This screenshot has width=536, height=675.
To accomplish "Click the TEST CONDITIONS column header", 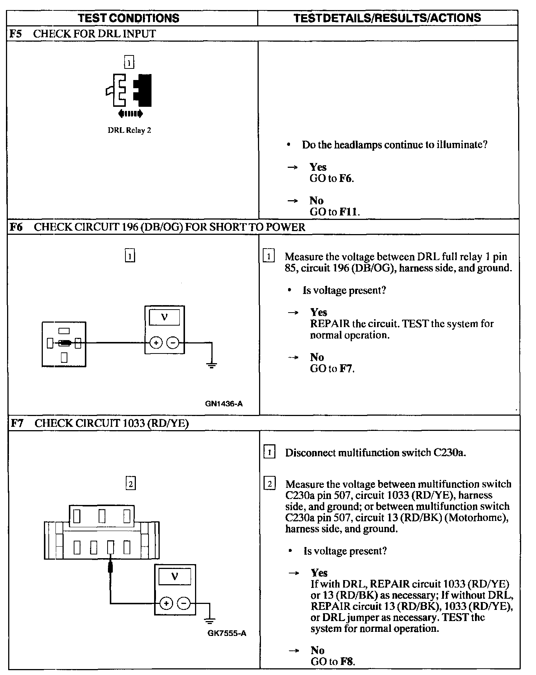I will [x=129, y=18].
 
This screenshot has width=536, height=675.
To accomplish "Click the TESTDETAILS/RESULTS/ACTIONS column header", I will [x=387, y=18].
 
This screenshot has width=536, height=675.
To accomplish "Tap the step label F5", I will [x=16, y=34].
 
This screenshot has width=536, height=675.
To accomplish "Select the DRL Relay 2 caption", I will [x=129, y=131].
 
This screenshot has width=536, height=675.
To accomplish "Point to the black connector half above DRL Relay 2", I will [x=143, y=90].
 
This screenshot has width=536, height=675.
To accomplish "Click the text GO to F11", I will [x=335, y=212].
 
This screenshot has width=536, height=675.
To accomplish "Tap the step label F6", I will [x=16, y=227].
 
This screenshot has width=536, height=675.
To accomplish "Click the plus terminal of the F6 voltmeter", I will [x=156, y=343].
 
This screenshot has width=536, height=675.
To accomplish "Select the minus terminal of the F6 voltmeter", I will [x=172, y=343].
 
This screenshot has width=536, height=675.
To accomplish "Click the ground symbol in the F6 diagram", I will [x=212, y=364].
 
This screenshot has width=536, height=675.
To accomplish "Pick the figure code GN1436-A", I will [x=224, y=404].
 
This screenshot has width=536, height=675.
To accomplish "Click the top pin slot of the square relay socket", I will [x=64, y=330].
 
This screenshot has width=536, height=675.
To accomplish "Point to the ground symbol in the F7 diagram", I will [x=210, y=620].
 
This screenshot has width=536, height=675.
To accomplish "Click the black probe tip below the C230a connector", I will [x=110, y=568].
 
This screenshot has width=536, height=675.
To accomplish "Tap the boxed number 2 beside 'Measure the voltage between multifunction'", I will [x=269, y=484].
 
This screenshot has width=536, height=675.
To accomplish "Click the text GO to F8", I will [x=333, y=662].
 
